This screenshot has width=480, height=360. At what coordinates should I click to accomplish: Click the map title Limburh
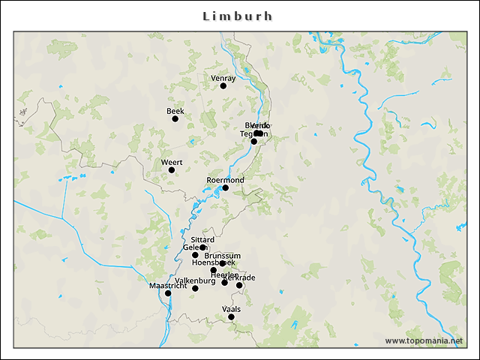pyautogui.click(x=238, y=16)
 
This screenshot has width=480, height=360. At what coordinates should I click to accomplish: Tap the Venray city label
pyautogui.click(x=223, y=78)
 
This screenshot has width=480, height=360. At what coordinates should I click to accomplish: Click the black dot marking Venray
pyautogui.click(x=223, y=86)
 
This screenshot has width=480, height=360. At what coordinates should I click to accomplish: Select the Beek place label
pyautogui.click(x=175, y=111)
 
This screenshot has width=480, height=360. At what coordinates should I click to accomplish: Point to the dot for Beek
pyautogui.click(x=175, y=118)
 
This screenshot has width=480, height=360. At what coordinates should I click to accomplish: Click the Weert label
pyautogui.click(x=172, y=162)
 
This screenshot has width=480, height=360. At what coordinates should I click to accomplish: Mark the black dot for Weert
pyautogui.click(x=172, y=170)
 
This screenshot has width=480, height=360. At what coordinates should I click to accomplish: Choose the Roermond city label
pyautogui.click(x=225, y=180)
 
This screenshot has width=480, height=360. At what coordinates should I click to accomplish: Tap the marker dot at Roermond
pyautogui.click(x=225, y=188)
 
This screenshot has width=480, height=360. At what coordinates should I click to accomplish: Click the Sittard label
pyautogui.click(x=202, y=239)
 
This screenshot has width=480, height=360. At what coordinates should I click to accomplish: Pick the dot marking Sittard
pyautogui.click(x=202, y=247)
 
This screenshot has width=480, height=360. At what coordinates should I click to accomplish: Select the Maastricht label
pyautogui.click(x=166, y=286)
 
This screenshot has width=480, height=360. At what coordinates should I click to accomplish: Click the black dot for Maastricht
pyautogui.click(x=168, y=293)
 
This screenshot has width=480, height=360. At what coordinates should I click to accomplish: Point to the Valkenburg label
pyautogui.click(x=195, y=280)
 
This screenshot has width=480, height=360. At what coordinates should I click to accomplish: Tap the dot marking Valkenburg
pyautogui.click(x=195, y=289)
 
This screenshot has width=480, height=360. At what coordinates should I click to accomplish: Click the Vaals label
pyautogui.click(x=231, y=308)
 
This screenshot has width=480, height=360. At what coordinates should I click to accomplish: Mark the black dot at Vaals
pyautogui.click(x=231, y=317)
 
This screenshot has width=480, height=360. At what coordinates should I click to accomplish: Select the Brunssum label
pyautogui.click(x=222, y=256)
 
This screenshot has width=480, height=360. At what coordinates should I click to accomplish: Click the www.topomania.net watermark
pyautogui.click(x=424, y=340)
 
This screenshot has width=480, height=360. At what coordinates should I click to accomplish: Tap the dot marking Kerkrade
pyautogui.click(x=239, y=285)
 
